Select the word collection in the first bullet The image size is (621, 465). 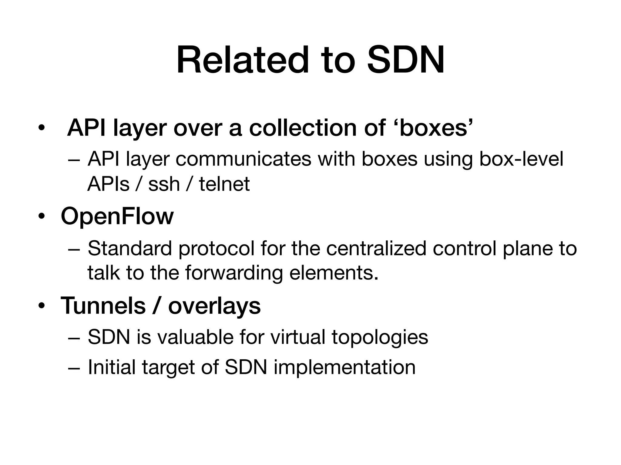[303, 128]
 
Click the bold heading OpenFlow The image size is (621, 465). [117, 216]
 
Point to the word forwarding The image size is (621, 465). [234, 273]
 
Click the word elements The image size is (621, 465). [334, 273]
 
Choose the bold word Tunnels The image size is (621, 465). [103, 305]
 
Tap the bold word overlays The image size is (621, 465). [214, 305]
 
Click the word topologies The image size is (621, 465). [380, 337]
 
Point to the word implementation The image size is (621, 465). [344, 367]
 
